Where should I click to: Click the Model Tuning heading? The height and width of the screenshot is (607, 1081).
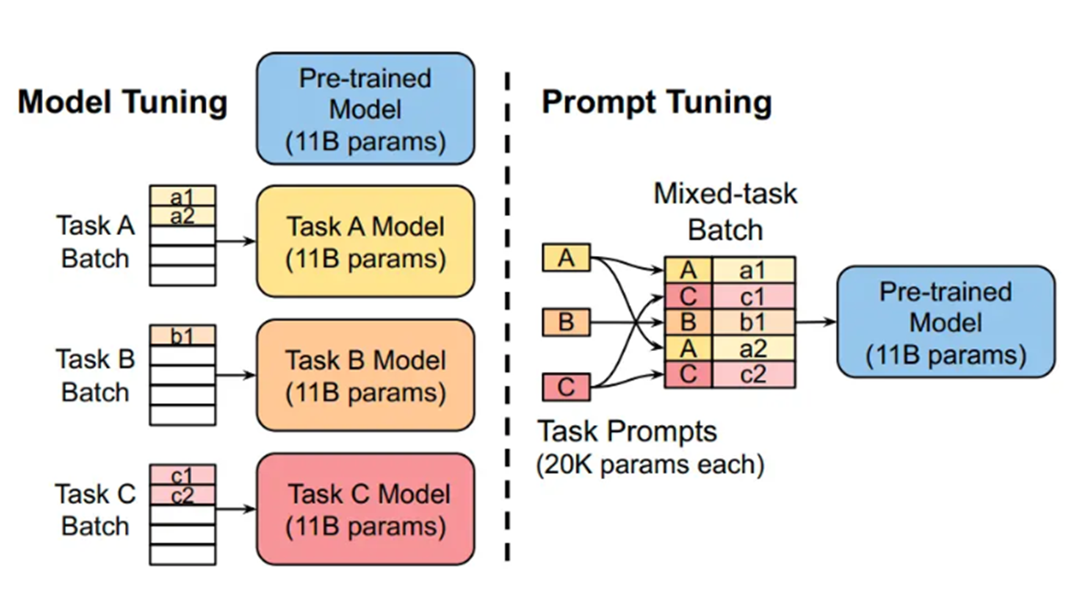click(x=122, y=101)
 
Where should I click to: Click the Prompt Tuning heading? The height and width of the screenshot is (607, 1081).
click(x=656, y=101)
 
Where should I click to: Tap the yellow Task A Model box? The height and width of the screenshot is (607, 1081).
click(x=366, y=242)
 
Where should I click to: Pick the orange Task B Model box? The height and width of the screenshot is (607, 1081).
click(x=366, y=376)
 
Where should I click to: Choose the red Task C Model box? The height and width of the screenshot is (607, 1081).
click(x=366, y=509)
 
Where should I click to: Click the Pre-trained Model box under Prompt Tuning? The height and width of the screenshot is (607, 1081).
click(x=946, y=322)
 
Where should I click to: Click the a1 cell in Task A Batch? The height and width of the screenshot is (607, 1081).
click(x=183, y=197)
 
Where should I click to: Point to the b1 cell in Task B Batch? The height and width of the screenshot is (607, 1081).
click(x=183, y=335)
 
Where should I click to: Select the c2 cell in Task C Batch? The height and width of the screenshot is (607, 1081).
click(x=183, y=495)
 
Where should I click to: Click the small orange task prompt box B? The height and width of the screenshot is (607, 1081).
click(x=567, y=323)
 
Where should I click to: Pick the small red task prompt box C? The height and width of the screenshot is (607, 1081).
click(x=567, y=387)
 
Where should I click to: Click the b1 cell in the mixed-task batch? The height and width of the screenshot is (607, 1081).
click(x=752, y=322)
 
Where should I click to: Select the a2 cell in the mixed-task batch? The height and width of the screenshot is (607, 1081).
click(x=752, y=347)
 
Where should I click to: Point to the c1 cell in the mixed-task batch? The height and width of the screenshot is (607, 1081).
click(x=752, y=295)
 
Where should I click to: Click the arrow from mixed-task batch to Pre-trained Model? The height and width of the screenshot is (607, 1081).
click(x=816, y=322)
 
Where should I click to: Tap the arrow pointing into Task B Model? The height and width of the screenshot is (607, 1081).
click(x=236, y=376)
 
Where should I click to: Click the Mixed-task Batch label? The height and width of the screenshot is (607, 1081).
click(x=725, y=211)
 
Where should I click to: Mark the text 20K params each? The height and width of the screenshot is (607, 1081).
click(x=650, y=464)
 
